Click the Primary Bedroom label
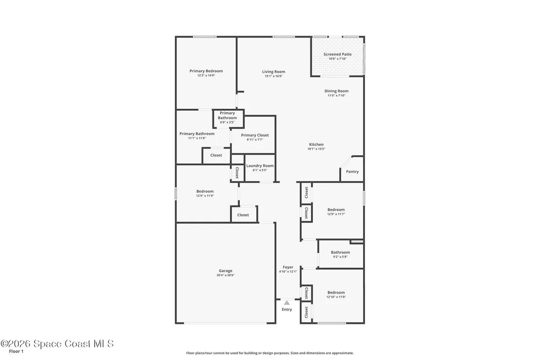[206, 71]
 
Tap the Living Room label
[273, 72]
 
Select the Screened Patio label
[337, 54]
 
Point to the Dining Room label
[336, 91]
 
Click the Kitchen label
[316, 144]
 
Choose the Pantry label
[352, 172]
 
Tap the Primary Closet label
[255, 135]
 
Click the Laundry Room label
[260, 166]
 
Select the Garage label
[226, 271]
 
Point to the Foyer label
[288, 267]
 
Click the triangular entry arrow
[287, 303]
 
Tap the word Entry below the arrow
[287, 310]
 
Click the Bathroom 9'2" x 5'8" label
[340, 254]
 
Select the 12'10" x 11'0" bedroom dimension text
[336, 297]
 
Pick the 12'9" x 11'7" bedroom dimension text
[336, 214]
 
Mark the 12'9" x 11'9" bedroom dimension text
[205, 196]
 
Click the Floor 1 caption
[16, 351]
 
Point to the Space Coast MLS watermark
[57, 343]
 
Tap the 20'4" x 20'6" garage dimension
[226, 275]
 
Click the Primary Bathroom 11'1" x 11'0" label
[197, 136]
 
